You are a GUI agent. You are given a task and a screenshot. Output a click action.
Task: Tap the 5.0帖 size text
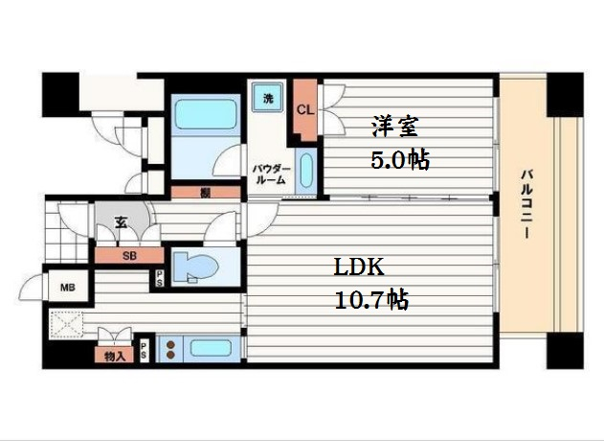coord(399,159)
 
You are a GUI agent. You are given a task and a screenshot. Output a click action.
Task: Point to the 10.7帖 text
coord(371,300)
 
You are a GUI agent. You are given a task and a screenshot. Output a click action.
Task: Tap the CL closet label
coord(305,109)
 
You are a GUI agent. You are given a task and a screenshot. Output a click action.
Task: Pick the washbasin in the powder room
coord(305,172)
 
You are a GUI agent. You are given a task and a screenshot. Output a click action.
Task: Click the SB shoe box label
coord(129,256)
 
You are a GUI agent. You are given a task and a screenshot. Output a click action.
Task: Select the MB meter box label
coord(67,287)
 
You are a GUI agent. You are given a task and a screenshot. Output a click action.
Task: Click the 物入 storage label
coord(115,357)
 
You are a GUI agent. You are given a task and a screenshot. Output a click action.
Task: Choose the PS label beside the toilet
coord(159,279)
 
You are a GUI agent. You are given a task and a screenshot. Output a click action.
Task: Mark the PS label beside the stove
coord(145,350)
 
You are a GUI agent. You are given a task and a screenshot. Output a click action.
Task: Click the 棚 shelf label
coord(206,192)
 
